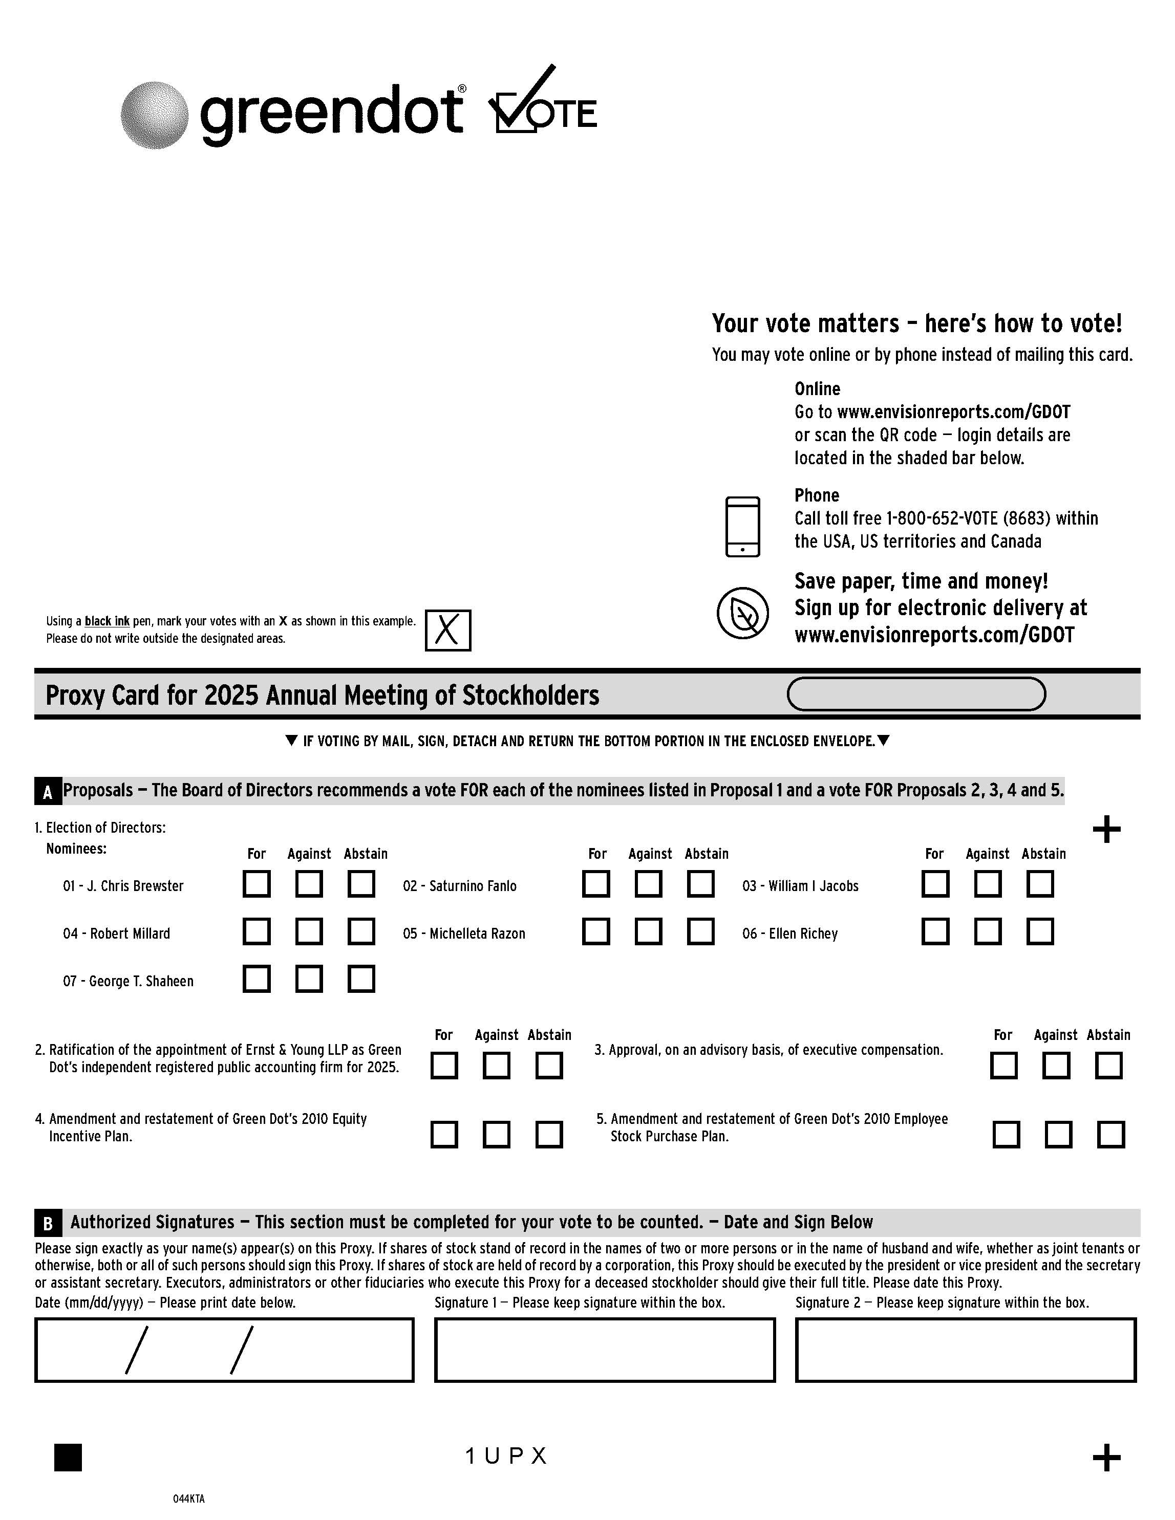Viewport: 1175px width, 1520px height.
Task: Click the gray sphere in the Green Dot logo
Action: [154, 115]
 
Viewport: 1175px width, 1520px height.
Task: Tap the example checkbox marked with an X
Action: [447, 631]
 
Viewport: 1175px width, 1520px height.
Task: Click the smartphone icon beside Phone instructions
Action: [743, 527]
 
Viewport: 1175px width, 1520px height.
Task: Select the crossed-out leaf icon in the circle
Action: [743, 613]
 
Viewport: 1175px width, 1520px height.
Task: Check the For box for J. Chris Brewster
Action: [256, 884]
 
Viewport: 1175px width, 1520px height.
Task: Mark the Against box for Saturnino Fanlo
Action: [648, 884]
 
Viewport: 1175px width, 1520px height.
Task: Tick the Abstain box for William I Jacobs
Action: [1040, 884]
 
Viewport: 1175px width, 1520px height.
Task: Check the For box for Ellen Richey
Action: [935, 931]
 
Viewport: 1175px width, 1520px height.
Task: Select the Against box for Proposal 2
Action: [496, 1066]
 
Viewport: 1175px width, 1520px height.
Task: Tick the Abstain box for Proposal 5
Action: [1111, 1135]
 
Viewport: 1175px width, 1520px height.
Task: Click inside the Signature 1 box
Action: [604, 1350]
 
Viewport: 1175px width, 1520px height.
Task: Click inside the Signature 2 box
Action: [966, 1350]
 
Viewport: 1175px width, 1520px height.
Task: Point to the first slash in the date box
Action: [136, 1350]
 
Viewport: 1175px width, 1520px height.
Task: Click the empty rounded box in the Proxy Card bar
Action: [916, 694]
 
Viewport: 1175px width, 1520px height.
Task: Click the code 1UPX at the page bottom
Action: [506, 1456]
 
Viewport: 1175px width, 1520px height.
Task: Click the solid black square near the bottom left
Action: [68, 1458]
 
